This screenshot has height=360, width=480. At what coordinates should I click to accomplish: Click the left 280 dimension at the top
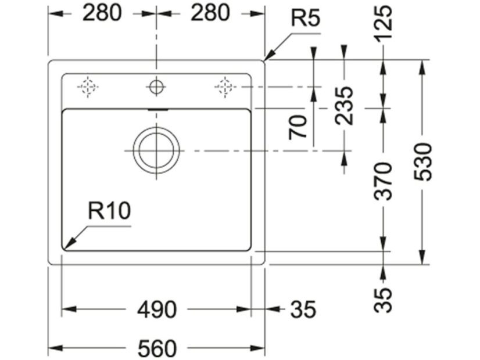102,13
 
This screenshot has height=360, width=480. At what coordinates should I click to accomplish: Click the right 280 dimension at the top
210,13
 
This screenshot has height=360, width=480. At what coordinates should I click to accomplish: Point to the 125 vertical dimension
384,24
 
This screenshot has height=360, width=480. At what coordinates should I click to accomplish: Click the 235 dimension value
345,106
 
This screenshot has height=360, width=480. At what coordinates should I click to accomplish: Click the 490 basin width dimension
156,310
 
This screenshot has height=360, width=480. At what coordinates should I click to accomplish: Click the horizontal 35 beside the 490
302,310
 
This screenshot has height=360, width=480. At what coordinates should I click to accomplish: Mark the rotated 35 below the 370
384,299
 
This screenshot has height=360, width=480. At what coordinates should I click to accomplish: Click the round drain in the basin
156,150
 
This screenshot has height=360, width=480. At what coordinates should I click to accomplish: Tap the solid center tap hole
156,87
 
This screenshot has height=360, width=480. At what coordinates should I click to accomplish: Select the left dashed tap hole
87,87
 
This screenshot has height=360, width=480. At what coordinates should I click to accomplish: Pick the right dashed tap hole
224,87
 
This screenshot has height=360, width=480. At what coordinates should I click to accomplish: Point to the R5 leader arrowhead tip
265,60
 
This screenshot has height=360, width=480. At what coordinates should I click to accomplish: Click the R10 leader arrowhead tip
64,249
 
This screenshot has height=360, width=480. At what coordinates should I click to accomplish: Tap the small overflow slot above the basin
156,109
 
